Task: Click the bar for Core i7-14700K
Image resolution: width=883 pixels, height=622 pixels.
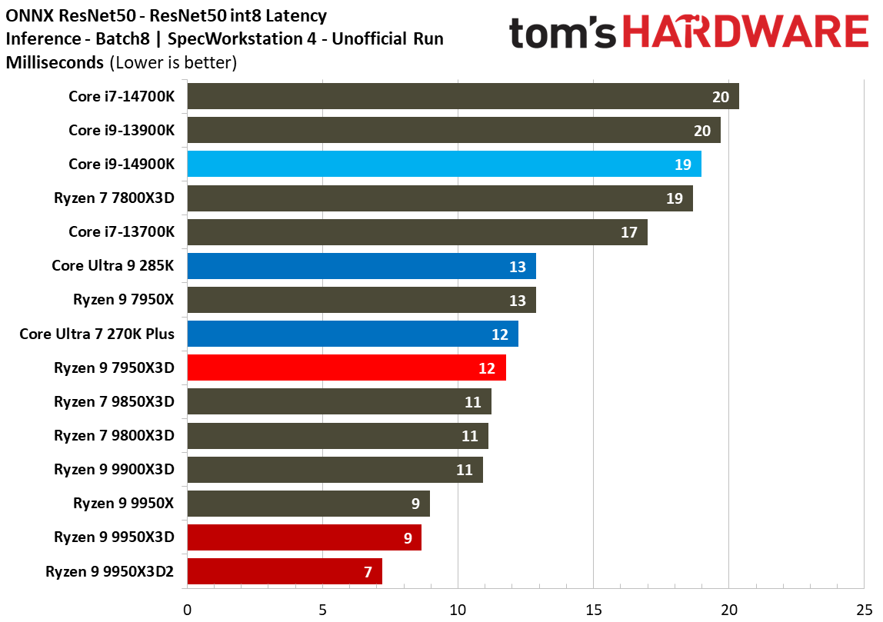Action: point(463,96)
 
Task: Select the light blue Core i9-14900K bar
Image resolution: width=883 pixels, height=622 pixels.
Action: point(445,164)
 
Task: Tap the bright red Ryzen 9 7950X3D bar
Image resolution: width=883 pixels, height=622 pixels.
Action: point(346,368)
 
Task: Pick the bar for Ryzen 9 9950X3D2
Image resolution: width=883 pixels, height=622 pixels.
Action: point(285,571)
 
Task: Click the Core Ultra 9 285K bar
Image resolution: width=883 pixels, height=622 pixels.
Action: point(362,266)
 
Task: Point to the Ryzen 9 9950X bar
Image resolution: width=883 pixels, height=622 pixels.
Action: point(308,504)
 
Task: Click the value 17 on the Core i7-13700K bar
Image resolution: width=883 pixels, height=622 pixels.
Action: point(629,232)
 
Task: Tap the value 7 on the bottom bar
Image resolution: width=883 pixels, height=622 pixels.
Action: point(368,573)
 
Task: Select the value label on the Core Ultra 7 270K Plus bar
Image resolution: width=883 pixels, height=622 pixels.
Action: point(499,335)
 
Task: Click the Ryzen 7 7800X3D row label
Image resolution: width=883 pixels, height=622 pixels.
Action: point(115,198)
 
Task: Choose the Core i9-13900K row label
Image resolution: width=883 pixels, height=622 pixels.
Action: point(122,131)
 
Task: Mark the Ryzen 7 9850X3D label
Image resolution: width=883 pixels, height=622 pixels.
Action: point(115,402)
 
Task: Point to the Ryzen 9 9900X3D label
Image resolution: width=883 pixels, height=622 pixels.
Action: point(115,470)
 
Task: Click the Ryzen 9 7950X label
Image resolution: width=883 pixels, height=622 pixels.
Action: point(124,299)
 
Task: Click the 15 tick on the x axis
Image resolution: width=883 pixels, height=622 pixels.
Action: point(594,610)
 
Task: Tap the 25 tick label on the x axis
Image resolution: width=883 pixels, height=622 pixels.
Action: point(865,610)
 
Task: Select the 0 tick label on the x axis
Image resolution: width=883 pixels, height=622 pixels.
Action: point(188,610)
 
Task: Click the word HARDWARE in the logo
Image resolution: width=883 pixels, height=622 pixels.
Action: point(745,32)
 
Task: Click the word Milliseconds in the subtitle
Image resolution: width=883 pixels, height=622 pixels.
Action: point(55,62)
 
